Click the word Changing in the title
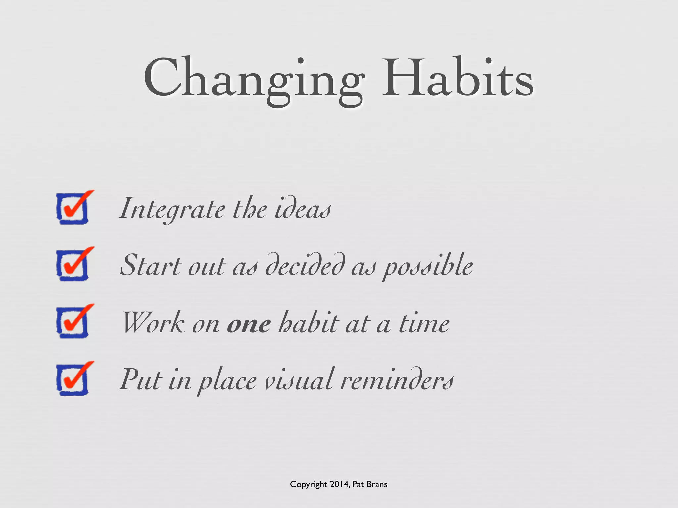254,79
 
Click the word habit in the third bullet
309,323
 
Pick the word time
424,323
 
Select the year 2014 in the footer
339,484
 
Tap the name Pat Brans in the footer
369,484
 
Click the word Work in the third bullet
154,323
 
